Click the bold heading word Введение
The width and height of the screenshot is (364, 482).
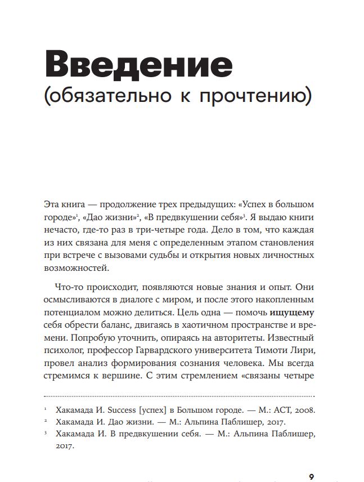[x=138, y=66]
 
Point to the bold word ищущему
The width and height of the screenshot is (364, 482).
[x=291, y=311]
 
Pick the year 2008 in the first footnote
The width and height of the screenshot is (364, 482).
[x=303, y=410]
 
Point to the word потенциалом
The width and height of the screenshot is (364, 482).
[x=72, y=311]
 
